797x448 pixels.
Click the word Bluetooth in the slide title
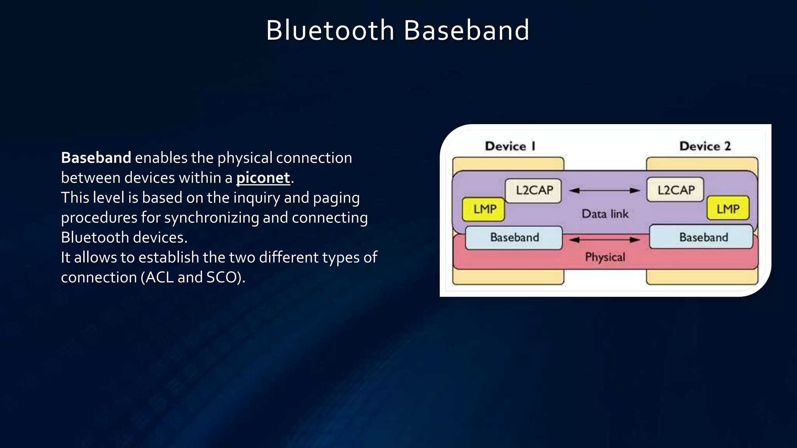[x=330, y=30]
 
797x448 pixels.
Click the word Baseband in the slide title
[x=466, y=30]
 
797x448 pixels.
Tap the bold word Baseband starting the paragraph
[x=96, y=158]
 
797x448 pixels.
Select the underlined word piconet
[x=263, y=178]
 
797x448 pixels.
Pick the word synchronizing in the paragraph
[x=211, y=218]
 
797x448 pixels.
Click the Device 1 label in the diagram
[x=510, y=146]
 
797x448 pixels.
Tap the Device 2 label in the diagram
[x=705, y=146]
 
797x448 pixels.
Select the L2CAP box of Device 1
[x=534, y=191]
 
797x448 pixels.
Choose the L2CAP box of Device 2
[x=676, y=190]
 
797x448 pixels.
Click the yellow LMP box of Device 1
[x=484, y=209]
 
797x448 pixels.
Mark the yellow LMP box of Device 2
[x=728, y=209]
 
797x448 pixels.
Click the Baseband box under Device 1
[x=514, y=238]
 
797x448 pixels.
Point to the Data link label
[x=605, y=214]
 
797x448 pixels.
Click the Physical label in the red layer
[x=605, y=257]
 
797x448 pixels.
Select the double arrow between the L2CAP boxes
[x=604, y=191]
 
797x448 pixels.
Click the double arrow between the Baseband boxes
[x=604, y=240]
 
